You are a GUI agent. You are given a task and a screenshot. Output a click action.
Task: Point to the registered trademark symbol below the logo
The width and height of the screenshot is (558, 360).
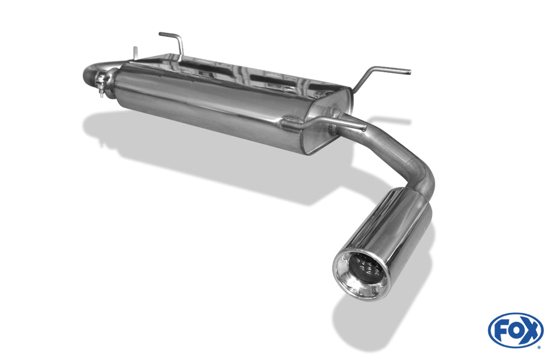538,347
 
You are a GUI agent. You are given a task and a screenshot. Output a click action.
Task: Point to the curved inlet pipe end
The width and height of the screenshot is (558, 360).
88,74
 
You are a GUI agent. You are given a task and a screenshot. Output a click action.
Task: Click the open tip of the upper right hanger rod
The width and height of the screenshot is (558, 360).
408,71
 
